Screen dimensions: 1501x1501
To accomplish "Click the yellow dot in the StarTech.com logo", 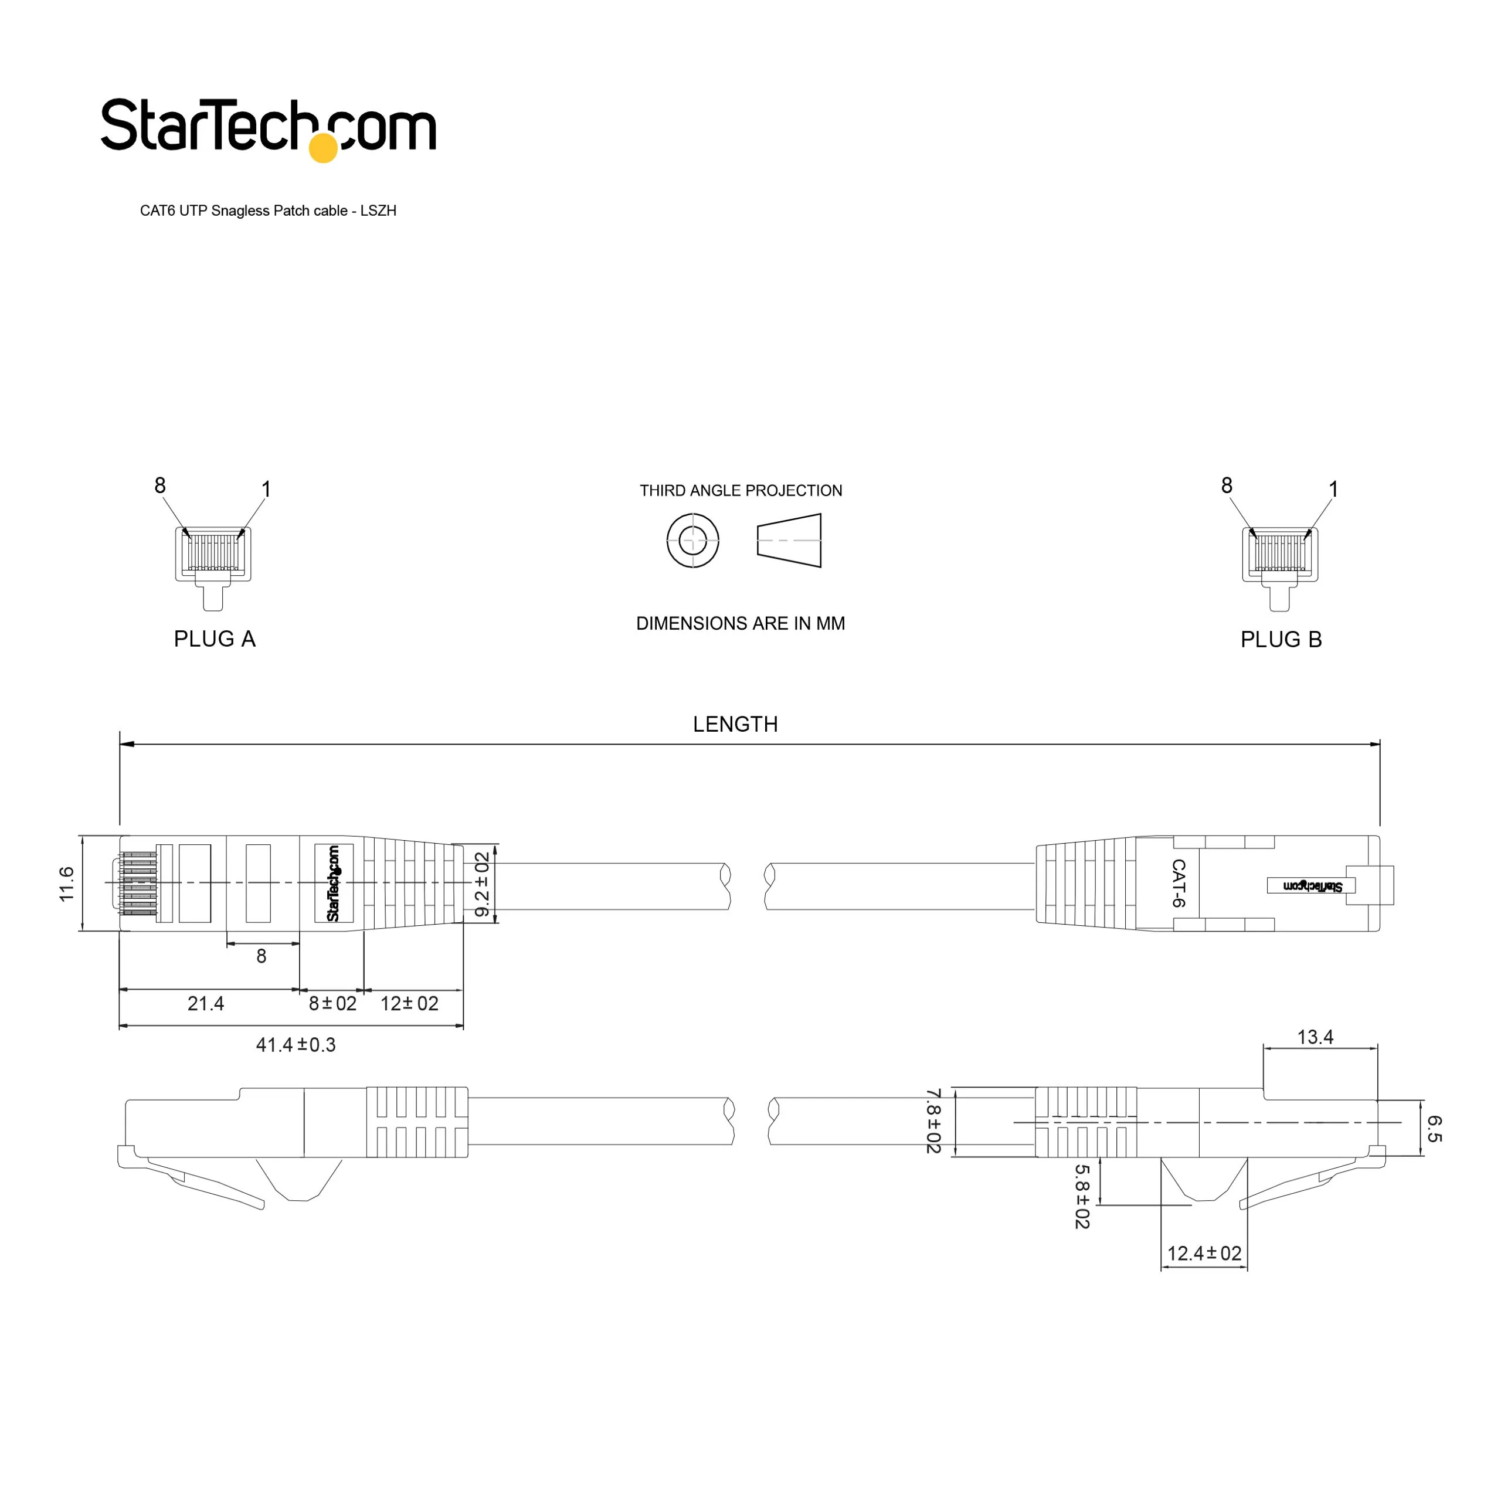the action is [x=323, y=148].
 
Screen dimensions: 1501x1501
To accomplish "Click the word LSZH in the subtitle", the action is [x=378, y=210].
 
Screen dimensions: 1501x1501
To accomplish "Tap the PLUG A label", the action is [x=215, y=639].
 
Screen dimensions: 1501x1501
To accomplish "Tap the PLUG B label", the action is [x=1281, y=640].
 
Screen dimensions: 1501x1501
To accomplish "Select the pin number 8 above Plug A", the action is [x=160, y=485].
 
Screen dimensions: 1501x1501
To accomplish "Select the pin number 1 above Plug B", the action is [x=1334, y=490].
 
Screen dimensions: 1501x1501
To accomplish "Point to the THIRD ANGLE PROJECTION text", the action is [x=741, y=491].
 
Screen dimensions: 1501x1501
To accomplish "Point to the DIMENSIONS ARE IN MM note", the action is [x=741, y=623].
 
